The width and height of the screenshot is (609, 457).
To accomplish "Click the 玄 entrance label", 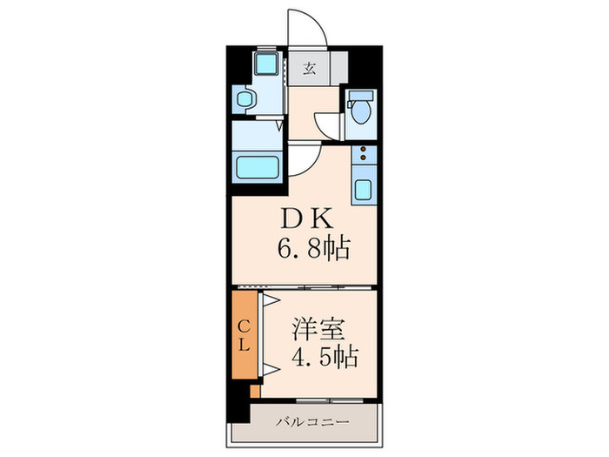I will (309, 68).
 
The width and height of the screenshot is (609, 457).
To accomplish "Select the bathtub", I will (258, 165).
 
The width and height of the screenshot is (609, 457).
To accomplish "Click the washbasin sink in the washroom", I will (243, 99).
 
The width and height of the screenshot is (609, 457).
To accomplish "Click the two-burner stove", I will (361, 156).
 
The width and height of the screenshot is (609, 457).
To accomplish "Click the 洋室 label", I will (318, 330).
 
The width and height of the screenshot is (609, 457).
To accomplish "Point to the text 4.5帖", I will (324, 358).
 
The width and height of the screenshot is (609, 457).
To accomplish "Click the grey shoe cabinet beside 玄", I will (338, 68).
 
